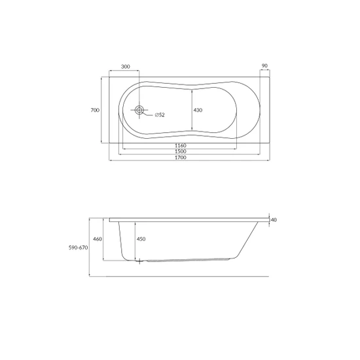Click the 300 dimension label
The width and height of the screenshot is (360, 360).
[x=126, y=67]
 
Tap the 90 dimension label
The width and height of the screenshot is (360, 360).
[x=264, y=65]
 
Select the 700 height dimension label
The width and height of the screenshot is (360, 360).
[x=95, y=110]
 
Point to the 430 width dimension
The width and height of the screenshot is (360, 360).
[x=198, y=110]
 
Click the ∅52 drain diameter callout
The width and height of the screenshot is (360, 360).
[x=160, y=115]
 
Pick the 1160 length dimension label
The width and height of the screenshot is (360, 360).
[x=181, y=145]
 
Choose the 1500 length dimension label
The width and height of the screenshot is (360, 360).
[x=181, y=152]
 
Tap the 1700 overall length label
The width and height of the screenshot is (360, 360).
[x=181, y=158]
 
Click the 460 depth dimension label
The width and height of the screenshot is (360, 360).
[x=98, y=239]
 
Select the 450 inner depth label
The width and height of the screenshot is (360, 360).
[x=141, y=239]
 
